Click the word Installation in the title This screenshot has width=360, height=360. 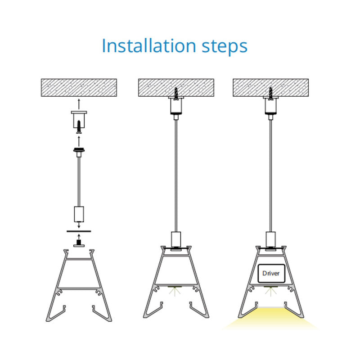pos(148,46)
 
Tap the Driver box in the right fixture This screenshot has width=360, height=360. pos(271,273)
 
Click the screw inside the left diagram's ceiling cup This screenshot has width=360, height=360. pos(79,127)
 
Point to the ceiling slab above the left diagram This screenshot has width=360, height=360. pos(79,87)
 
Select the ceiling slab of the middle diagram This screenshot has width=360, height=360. pos(176,87)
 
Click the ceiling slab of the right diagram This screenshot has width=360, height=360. pos(271,87)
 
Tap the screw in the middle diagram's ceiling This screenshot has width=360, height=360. pos(176,94)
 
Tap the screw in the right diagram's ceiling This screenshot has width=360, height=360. pos(271,94)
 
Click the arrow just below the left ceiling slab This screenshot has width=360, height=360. pos(79,104)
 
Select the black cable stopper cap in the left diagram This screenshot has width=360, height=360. pos(79,150)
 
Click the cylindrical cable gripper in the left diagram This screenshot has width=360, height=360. pos(79,214)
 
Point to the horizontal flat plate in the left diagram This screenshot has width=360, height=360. pos(79,231)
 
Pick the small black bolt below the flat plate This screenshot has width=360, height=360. pos(79,243)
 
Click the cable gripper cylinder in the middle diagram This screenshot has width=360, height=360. pos(176,239)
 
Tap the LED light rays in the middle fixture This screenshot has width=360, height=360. pos(175,291)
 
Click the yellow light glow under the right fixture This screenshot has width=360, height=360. pos(271,319)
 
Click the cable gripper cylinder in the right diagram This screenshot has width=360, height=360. pos(271,239)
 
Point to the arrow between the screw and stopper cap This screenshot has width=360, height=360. pos(79,141)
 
